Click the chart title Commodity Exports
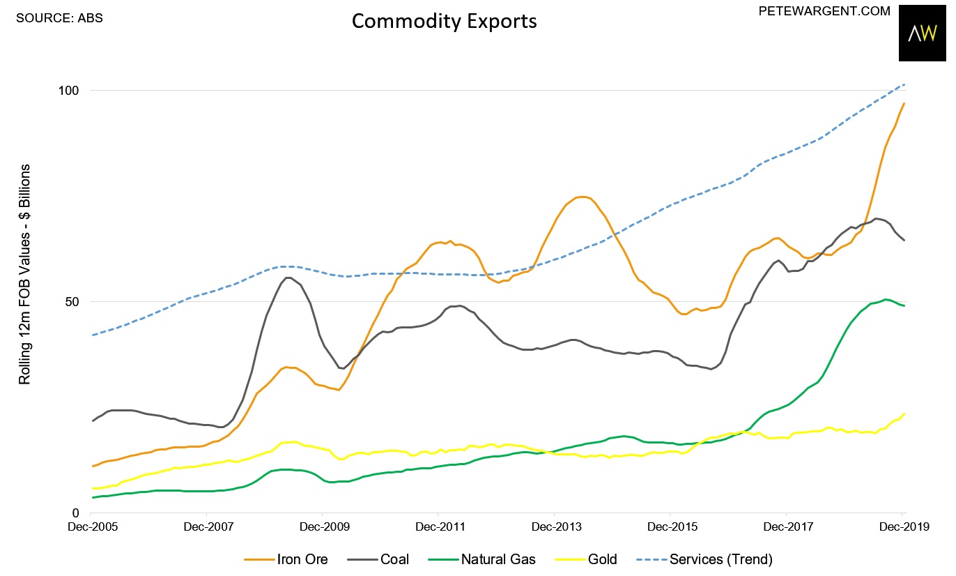click(444, 21)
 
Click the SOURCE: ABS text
click(59, 18)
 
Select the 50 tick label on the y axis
click(75, 302)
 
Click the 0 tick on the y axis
click(78, 513)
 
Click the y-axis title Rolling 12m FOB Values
click(25, 275)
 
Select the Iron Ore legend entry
click(286, 559)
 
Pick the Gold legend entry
click(589, 559)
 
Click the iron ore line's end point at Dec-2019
click(904, 103)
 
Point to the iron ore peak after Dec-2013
click(583, 197)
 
